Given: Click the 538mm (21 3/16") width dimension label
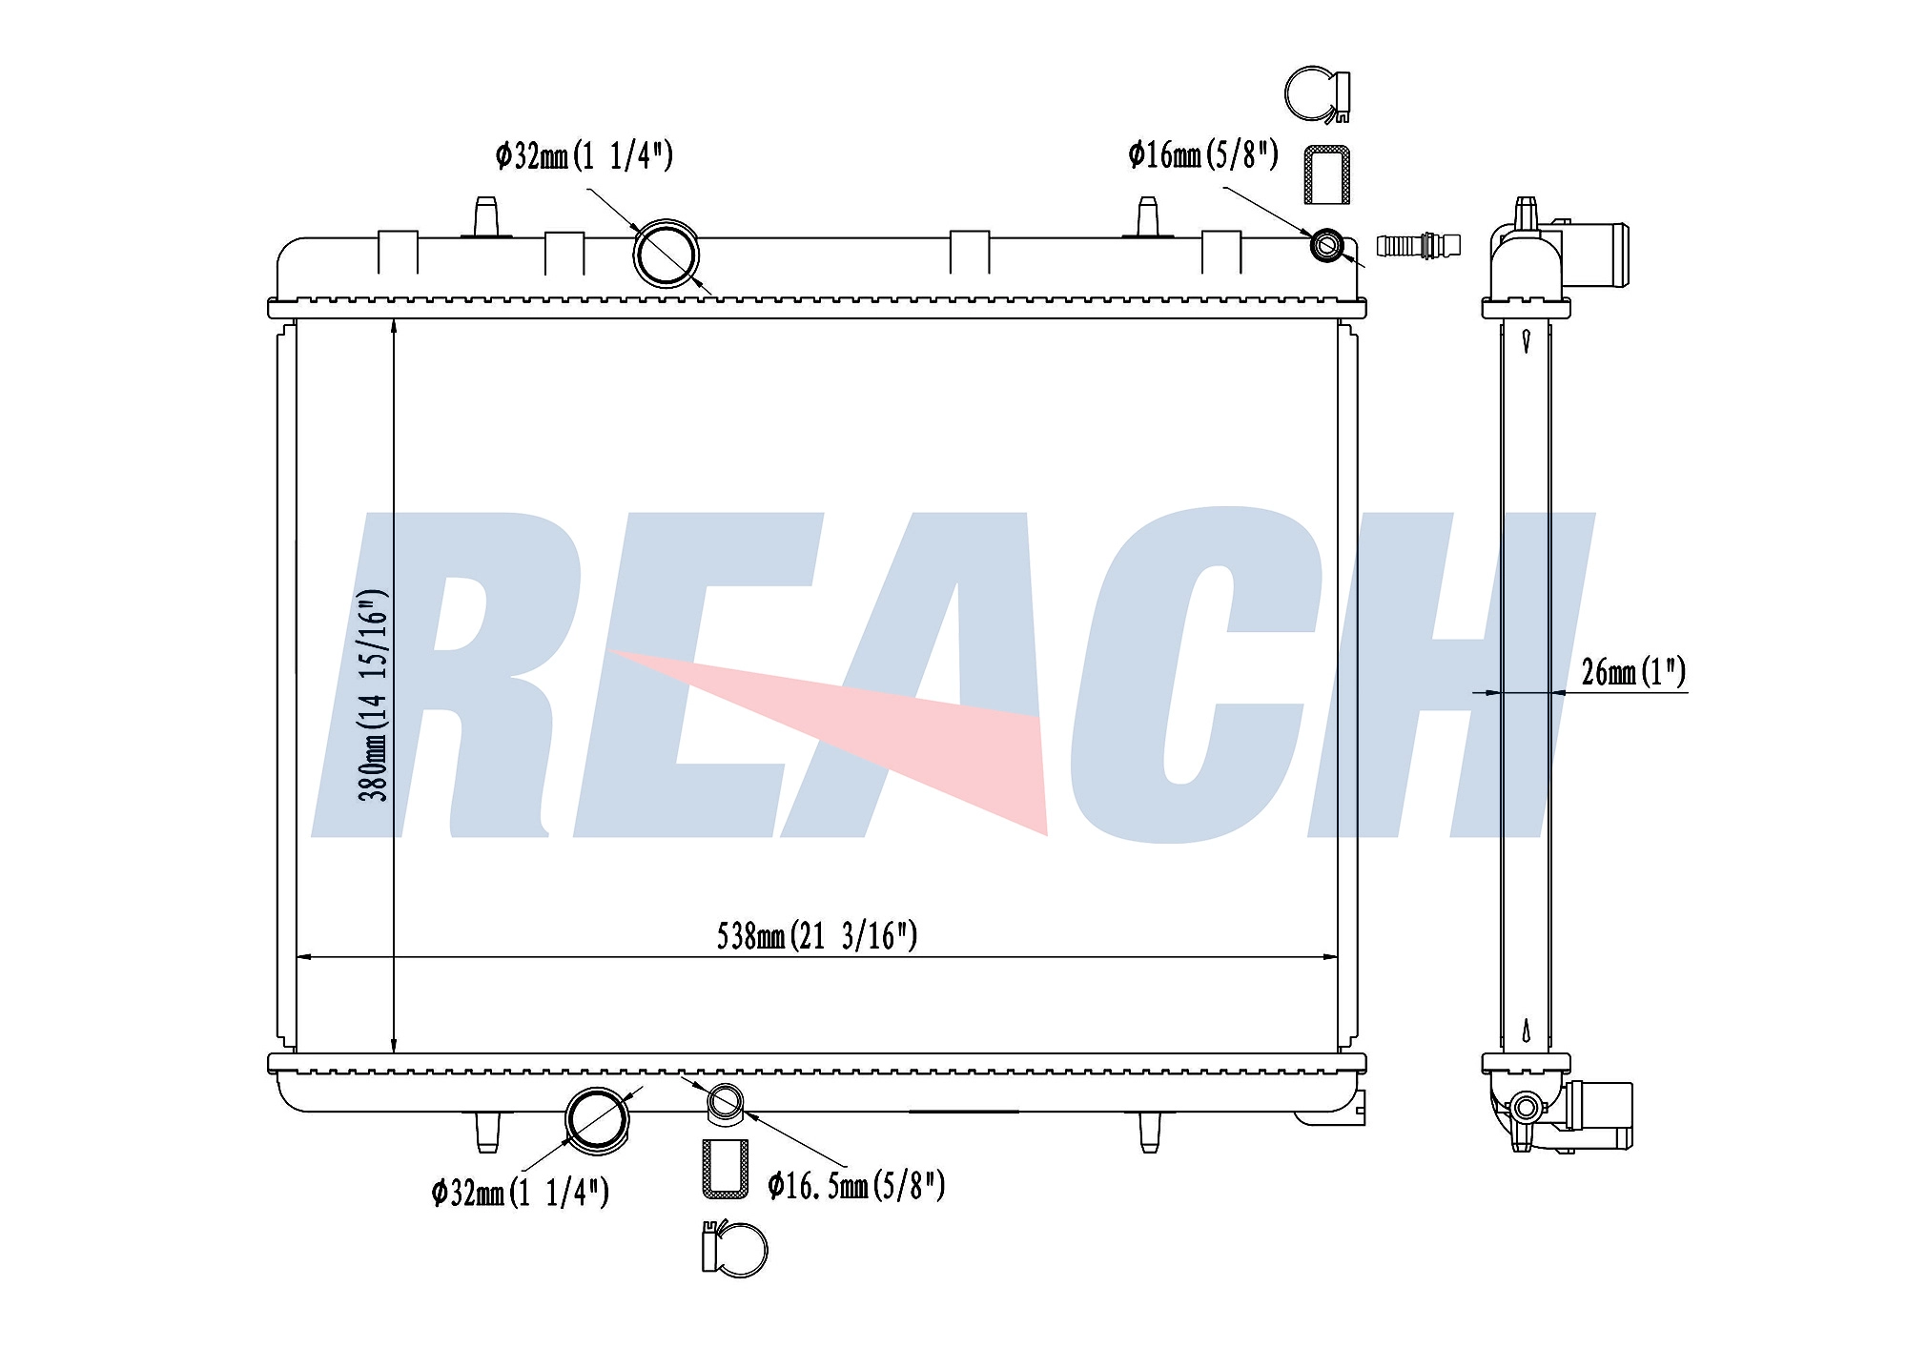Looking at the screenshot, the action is [x=817, y=936].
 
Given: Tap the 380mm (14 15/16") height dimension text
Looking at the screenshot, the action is [x=373, y=694].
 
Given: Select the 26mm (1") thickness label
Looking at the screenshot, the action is [x=1633, y=672].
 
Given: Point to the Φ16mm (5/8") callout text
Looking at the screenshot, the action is [x=1202, y=154].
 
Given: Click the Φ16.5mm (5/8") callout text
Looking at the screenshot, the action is [x=856, y=1185].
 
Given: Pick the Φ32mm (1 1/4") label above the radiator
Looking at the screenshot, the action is [x=584, y=155].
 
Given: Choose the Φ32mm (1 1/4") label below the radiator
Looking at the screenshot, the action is [x=520, y=1192].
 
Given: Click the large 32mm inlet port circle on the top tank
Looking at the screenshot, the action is [x=666, y=254].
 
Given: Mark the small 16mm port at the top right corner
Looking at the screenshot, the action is [x=1326, y=245].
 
